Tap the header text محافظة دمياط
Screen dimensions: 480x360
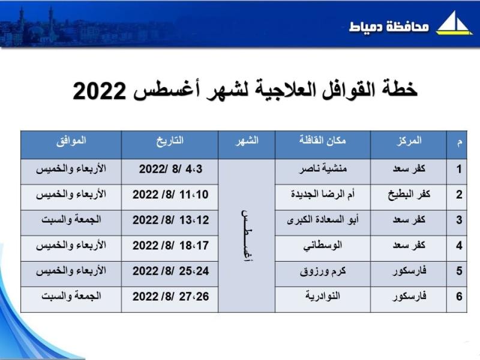pyautogui.click(x=389, y=26)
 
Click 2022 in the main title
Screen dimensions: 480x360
pyautogui.click(x=99, y=91)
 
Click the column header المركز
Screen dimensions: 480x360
pyautogui.click(x=409, y=141)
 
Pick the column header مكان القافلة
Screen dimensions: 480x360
pyautogui.click(x=322, y=140)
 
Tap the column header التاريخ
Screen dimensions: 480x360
pyautogui.click(x=170, y=141)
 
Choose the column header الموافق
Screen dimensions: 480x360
pyautogui.click(x=71, y=141)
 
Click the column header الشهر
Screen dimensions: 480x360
pyautogui.click(x=247, y=141)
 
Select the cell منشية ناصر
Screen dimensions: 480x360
pyautogui.click(x=323, y=169)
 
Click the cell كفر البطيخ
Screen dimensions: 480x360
pyautogui.click(x=409, y=194)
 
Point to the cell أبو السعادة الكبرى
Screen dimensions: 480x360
pyautogui.click(x=323, y=220)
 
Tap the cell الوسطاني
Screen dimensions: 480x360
pyautogui.click(x=323, y=245)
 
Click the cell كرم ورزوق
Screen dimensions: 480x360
pyautogui.click(x=323, y=271)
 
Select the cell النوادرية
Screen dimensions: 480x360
pyautogui.click(x=323, y=296)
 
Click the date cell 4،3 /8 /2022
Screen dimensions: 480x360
pyautogui.click(x=170, y=169)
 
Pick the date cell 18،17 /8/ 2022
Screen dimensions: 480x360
pyautogui.click(x=170, y=245)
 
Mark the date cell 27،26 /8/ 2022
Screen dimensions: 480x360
pyautogui.click(x=170, y=296)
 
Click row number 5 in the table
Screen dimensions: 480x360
pyautogui.click(x=459, y=271)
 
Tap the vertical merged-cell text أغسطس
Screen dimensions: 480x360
pyautogui.click(x=247, y=236)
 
